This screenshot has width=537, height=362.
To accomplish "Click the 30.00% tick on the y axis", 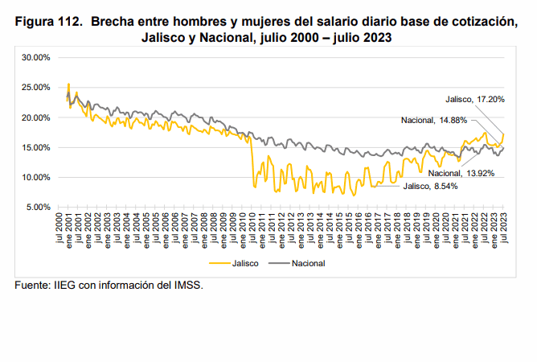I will coord(37,57).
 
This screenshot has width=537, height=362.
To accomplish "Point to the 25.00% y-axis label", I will coord(37,87).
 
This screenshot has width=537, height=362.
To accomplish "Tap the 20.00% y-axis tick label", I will coord(37,117).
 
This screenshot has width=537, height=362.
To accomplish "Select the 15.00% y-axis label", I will coord(37,147).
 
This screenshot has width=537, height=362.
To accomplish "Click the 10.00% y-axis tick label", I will coord(37,177).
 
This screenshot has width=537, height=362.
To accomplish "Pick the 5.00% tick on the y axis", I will coord(39,207).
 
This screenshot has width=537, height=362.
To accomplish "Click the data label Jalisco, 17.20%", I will coord(475,99).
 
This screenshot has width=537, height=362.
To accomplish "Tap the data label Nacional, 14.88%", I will coord(433,121).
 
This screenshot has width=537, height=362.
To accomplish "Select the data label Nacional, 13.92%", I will coord(457,173).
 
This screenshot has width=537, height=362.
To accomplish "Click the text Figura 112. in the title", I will coord(47,22).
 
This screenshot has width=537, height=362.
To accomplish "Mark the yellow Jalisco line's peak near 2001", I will coord(68,84).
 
